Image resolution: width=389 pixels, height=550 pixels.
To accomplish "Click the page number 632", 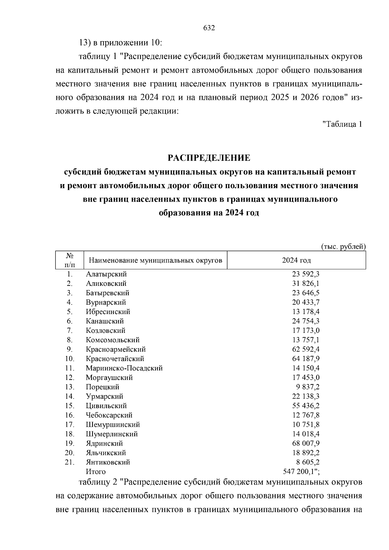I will coord(209,28).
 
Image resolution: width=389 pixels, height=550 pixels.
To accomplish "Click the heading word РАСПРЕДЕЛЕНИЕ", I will coord(209,158).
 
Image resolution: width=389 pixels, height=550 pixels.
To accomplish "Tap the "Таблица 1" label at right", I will coord(342,124).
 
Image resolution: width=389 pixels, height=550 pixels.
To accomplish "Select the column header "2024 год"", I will coord(296,260).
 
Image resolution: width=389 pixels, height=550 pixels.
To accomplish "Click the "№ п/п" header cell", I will coord(69,260).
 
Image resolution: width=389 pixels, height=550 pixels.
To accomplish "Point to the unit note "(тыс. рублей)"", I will coord(343,247).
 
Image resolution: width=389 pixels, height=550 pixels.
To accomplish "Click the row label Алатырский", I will coord(106,274).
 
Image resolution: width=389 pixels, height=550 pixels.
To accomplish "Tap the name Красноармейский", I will coord(116,349).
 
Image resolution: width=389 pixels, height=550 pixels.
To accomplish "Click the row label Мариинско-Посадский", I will coord(124,368).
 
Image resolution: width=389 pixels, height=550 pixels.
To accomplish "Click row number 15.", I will coord(69,406).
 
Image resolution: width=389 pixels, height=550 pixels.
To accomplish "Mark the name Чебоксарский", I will coord(109,415).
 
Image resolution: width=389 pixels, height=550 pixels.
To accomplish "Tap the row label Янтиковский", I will coord(108,462).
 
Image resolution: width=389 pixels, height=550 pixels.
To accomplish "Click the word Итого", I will coord(96,472).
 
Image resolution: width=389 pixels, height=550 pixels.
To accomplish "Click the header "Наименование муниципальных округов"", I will coord(156,260).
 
